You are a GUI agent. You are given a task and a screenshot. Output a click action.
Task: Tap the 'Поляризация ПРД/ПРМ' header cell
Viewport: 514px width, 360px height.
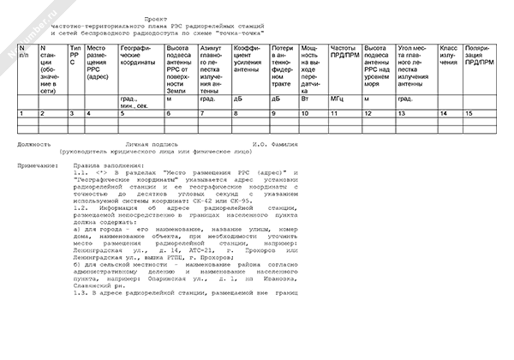pos(478,53)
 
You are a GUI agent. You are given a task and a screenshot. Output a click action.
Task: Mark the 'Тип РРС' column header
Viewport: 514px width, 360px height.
pos(76,53)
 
